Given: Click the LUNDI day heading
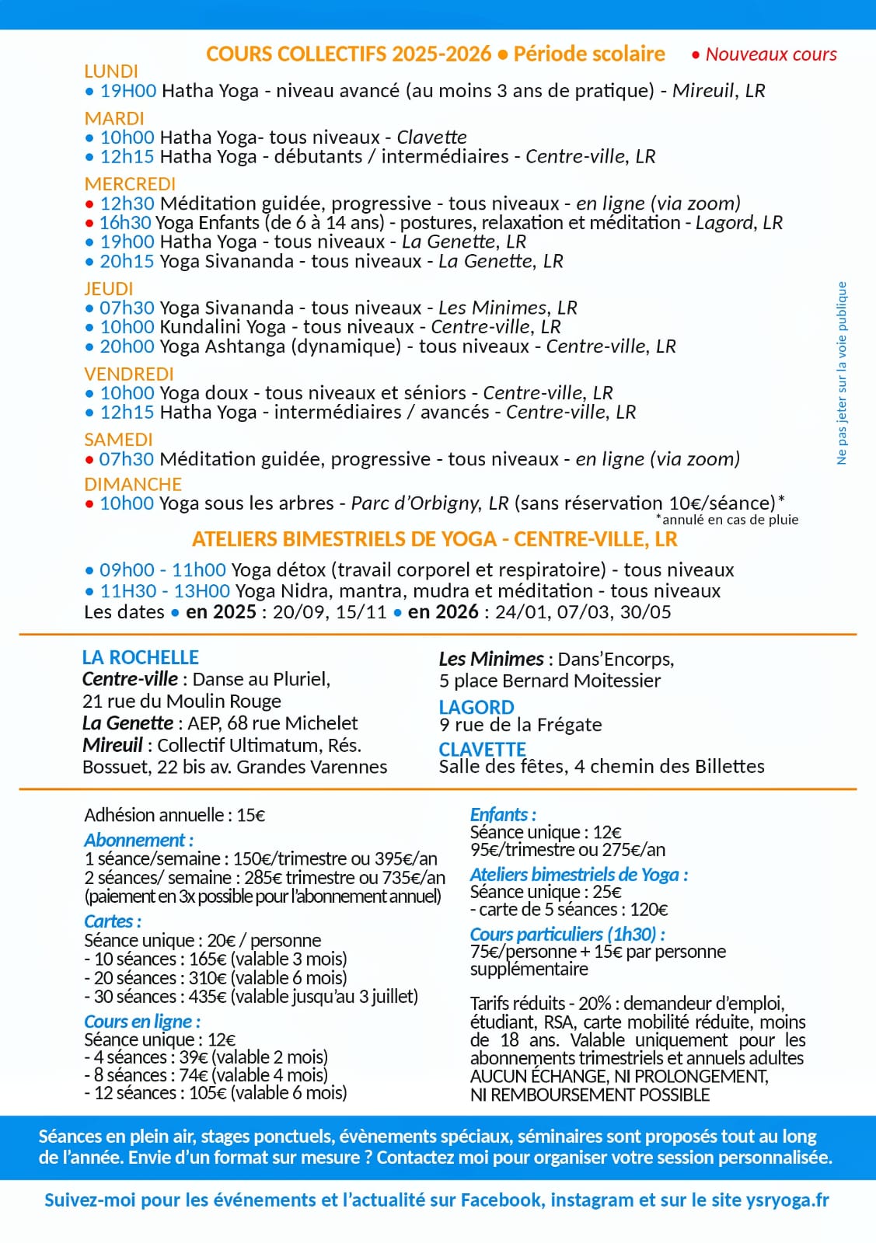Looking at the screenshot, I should tap(110, 71).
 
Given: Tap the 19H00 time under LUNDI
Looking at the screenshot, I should tap(128, 91).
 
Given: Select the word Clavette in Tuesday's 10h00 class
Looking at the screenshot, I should tap(431, 138).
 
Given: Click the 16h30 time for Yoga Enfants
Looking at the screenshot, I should tap(125, 223).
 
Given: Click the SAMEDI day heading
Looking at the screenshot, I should tap(118, 440).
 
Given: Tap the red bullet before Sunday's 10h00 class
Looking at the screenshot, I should tap(89, 503).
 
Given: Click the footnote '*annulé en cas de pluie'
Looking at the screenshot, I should tap(727, 520).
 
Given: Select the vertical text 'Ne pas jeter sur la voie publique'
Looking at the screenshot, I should tap(842, 373).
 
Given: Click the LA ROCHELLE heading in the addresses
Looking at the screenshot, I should tap(140, 657).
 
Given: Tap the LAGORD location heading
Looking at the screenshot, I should tap(476, 708).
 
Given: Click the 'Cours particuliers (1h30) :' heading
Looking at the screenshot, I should tap(567, 934).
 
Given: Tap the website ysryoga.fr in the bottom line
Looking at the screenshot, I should tap(787, 1200).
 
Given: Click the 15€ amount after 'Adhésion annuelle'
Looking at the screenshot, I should tap(250, 815).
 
